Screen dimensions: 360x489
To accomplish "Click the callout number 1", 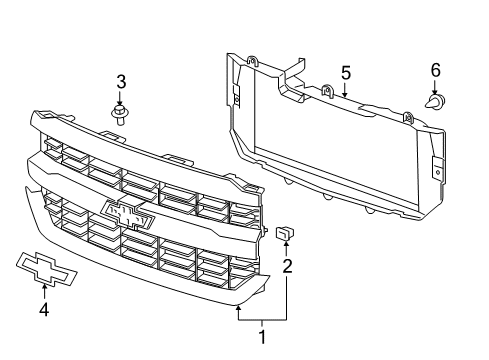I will coord(263,337).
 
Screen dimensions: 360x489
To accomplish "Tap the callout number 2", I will coord(287,266).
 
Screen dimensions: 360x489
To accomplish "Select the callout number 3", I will coord(120,81).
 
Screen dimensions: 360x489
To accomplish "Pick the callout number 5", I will coord(345,72).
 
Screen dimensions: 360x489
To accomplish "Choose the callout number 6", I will coord(435,70).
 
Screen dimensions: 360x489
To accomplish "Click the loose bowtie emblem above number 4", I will coord(43,263).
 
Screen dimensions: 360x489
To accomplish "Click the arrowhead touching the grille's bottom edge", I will coord(238,310).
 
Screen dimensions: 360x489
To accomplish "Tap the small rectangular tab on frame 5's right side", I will coord(438,169).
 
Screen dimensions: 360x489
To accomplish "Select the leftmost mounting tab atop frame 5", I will coord(252,61).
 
